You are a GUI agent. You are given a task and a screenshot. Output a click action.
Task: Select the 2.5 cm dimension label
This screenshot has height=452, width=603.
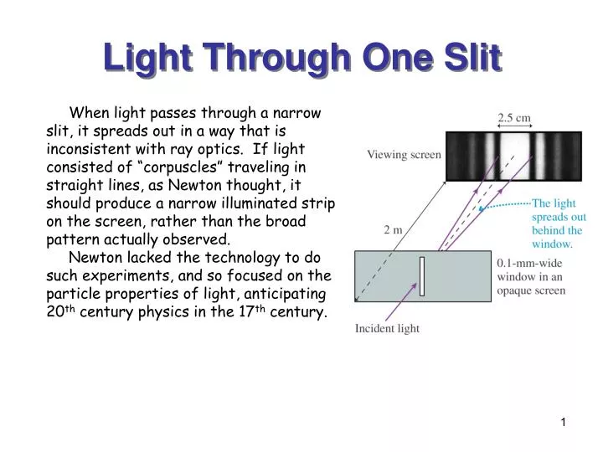[514, 118]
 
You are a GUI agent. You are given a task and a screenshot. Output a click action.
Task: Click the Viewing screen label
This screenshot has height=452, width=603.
[404, 155]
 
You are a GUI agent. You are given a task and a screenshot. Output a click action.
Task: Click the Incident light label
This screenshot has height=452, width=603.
[387, 328]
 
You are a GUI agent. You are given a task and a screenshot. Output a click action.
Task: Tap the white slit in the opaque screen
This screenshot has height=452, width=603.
[423, 277]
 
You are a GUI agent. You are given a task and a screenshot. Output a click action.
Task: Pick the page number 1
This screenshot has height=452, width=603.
[564, 424]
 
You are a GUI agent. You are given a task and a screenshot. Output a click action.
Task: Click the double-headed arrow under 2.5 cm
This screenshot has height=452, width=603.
[513, 128]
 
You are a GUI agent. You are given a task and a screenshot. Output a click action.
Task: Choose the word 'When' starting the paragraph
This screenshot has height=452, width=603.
[87, 112]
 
